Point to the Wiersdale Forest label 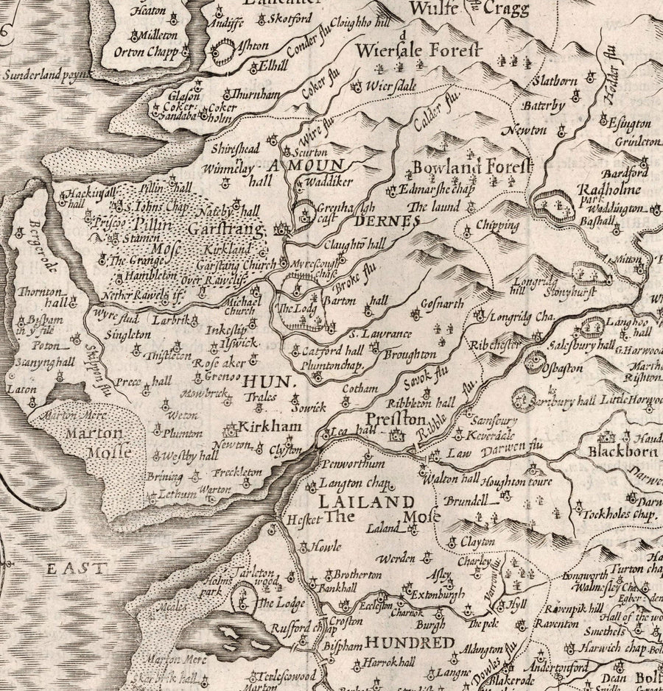(x=418, y=51)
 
